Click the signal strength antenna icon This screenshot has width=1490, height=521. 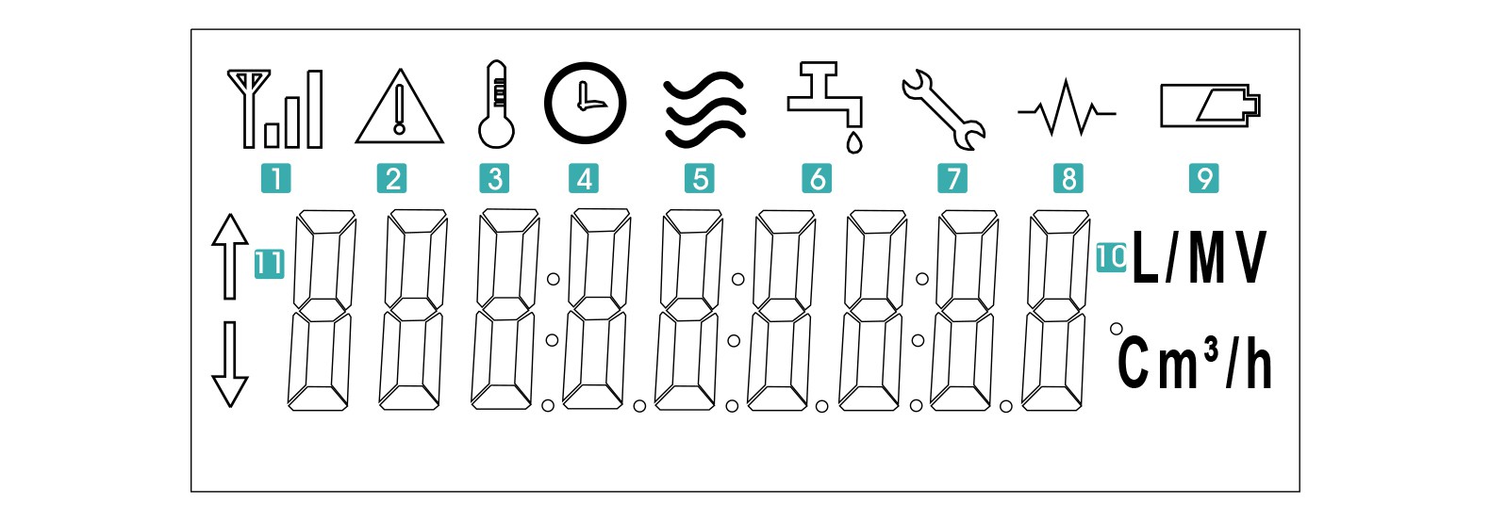point(274,109)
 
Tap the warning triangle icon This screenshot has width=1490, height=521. point(400,108)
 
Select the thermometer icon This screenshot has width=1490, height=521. point(496,106)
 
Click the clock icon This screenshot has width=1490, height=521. point(585,103)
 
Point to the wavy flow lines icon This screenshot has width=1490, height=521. point(704,109)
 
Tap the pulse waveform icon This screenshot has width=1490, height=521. point(1067,110)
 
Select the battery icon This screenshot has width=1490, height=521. point(1210,106)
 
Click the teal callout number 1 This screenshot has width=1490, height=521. point(275,178)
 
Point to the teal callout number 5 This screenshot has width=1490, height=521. point(701,178)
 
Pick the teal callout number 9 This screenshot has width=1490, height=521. point(1204,178)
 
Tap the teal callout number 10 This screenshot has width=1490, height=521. point(1111,256)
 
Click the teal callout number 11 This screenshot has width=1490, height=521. point(269,263)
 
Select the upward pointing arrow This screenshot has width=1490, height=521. point(229,256)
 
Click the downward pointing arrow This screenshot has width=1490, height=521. point(229,364)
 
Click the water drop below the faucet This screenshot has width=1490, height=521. point(854,142)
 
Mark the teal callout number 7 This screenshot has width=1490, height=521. point(952,178)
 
